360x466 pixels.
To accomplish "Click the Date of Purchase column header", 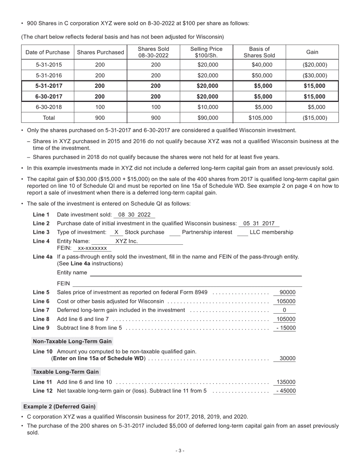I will click(x=47, y=52).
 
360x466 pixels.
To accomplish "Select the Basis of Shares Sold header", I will click(x=259, y=52).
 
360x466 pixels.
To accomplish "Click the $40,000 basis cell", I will click(x=259, y=65).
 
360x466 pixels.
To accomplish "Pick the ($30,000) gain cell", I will click(x=312, y=75).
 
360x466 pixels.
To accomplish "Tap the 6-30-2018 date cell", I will click(x=47, y=107).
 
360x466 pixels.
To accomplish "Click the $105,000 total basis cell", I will click(x=259, y=118).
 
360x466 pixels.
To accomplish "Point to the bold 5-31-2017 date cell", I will click(x=47, y=86).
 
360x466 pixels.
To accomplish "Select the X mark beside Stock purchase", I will click(x=116, y=232).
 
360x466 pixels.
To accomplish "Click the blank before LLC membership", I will click(x=242, y=233).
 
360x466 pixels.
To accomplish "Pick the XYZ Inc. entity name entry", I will click(x=127, y=241).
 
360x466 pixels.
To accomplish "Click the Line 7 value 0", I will click(x=284, y=310).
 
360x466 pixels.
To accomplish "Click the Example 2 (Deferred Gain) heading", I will click(x=59, y=407).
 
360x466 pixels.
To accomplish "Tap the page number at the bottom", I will click(x=180, y=450).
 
